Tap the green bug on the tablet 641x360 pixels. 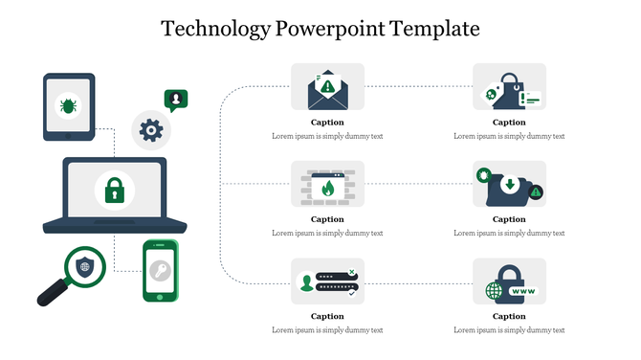69,104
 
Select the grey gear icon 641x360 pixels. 149,129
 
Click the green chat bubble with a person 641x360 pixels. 175,99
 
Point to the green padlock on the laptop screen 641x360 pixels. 115,190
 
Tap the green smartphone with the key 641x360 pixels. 161,271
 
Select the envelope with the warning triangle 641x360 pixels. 327,88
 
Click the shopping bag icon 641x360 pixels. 508,88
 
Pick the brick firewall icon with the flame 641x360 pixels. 327,186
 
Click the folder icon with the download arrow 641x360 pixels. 508,186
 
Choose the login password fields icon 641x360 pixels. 327,281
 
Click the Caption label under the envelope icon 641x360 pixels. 327,123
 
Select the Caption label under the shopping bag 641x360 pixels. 509,123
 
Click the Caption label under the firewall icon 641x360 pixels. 327,219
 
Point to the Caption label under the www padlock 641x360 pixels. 509,316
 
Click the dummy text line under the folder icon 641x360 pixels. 509,233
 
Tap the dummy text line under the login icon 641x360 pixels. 327,329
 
